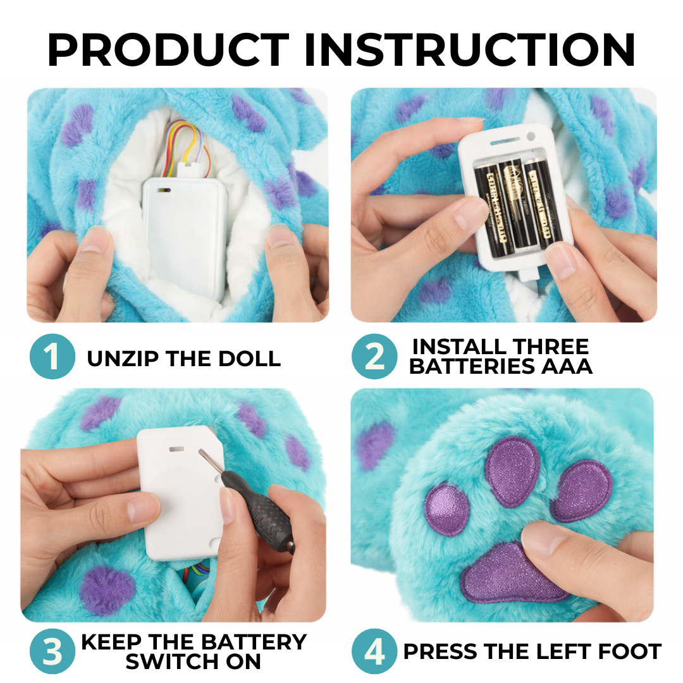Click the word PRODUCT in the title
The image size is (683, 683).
click(x=168, y=49)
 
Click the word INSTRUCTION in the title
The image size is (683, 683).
click(x=469, y=49)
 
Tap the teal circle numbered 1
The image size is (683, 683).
click(x=52, y=356)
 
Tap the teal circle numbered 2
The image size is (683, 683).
click(x=374, y=356)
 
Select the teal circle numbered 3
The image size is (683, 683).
click(x=52, y=651)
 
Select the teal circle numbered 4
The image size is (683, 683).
click(x=374, y=651)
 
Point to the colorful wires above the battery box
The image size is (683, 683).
click(x=183, y=142)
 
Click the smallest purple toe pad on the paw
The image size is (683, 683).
click(x=446, y=509)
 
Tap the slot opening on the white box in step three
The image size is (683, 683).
click(x=178, y=450)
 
